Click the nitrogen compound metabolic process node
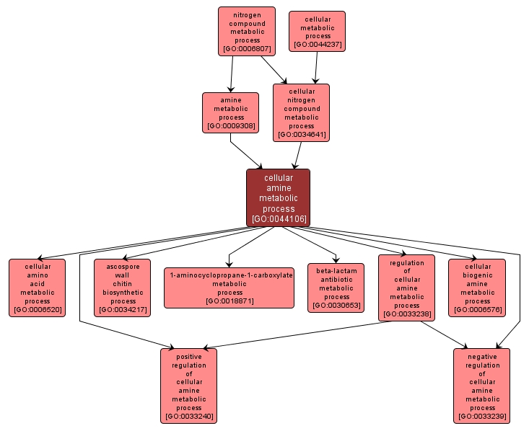[x=247, y=31]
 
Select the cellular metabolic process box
[x=317, y=31]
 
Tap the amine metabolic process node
[x=231, y=112]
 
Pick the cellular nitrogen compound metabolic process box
[x=301, y=112]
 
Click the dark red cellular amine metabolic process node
[x=278, y=197]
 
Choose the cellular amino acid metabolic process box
[x=37, y=288]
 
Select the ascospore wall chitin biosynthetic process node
[x=123, y=288]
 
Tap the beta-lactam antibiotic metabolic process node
[x=336, y=288]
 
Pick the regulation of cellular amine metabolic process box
[x=407, y=288]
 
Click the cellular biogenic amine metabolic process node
[x=477, y=288]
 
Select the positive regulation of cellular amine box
[x=188, y=386]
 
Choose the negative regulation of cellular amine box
[x=482, y=386]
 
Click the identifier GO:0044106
[x=279, y=218]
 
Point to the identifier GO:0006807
[x=247, y=49]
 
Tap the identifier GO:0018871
[x=229, y=301]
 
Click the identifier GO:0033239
[x=482, y=417]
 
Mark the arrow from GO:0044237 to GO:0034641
[x=315, y=68]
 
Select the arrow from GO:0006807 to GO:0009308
[x=232, y=74]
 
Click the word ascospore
[x=123, y=266]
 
